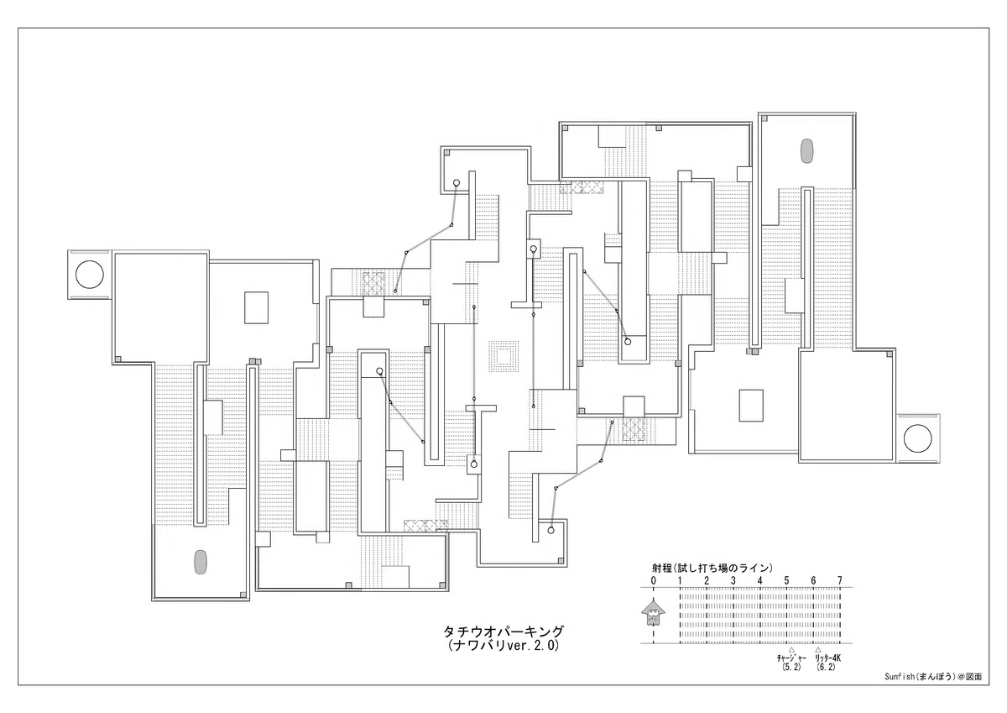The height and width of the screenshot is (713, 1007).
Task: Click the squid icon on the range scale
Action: pyautogui.click(x=653, y=612)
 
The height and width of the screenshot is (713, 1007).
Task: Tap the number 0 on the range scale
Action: pyautogui.click(x=653, y=581)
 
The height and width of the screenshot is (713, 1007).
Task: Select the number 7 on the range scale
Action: pyautogui.click(x=839, y=581)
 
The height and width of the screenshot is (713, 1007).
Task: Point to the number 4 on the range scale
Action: pyautogui.click(x=759, y=581)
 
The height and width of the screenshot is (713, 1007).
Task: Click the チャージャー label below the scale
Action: pyautogui.click(x=791, y=658)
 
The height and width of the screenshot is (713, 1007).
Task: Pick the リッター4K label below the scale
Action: pyautogui.click(x=827, y=658)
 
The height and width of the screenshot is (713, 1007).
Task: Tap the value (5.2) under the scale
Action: pyautogui.click(x=791, y=667)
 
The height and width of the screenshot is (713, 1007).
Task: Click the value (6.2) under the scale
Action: pyautogui.click(x=827, y=667)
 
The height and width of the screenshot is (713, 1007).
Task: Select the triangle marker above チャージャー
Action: pyautogui.click(x=791, y=650)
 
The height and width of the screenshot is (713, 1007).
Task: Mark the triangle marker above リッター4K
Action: pyautogui.click(x=818, y=650)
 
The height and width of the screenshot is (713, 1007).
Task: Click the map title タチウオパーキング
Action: pyautogui.click(x=503, y=632)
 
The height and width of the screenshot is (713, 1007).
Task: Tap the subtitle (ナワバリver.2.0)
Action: pyautogui.click(x=503, y=647)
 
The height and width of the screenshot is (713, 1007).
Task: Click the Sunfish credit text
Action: pyautogui.click(x=933, y=677)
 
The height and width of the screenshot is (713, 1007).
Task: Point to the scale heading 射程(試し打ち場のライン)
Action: pyautogui.click(x=712, y=569)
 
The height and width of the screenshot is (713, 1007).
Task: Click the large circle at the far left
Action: pyautogui.click(x=90, y=275)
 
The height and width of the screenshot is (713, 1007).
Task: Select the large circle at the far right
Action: pyautogui.click(x=917, y=438)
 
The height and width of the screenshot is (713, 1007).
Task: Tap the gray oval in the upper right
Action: pyautogui.click(x=807, y=151)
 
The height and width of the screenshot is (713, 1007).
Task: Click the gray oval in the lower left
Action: pyautogui.click(x=200, y=563)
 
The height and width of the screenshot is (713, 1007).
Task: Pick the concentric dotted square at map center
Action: pyautogui.click(x=503, y=357)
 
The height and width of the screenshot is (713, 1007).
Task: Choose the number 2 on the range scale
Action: pyautogui.click(x=707, y=581)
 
